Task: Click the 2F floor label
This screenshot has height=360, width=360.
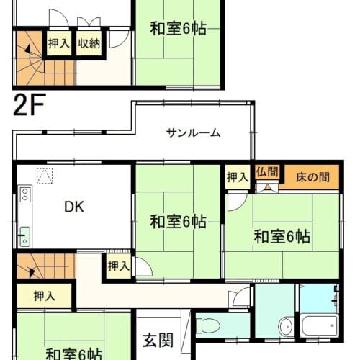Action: point(30,104)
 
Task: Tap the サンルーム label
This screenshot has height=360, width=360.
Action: point(193,133)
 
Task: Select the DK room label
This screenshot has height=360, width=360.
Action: point(74,207)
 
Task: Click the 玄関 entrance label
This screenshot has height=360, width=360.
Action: point(158,341)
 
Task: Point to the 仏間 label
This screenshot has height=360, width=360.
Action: point(267,172)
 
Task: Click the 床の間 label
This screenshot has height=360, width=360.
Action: point(312,177)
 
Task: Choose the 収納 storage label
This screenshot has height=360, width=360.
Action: point(89,44)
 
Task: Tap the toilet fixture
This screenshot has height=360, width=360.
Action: point(208,326)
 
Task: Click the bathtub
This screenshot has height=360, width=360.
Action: point(319,326)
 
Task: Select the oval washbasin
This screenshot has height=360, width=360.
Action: point(285,326)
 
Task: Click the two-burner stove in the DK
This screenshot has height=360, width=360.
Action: point(25,194)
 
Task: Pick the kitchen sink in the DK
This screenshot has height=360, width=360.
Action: point(25,236)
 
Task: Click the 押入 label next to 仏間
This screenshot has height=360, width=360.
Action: point(238,177)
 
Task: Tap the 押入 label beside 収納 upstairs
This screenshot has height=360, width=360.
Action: point(59,44)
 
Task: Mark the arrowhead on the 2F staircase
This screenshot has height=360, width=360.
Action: point(28,49)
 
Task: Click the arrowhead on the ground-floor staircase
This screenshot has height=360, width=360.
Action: point(32,272)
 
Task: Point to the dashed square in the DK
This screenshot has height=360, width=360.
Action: point(45,176)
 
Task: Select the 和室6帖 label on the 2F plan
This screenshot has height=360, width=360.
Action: point(179,29)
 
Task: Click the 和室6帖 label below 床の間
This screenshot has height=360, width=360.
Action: point(282,237)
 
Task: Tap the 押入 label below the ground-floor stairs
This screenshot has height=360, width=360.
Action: point(45,296)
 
